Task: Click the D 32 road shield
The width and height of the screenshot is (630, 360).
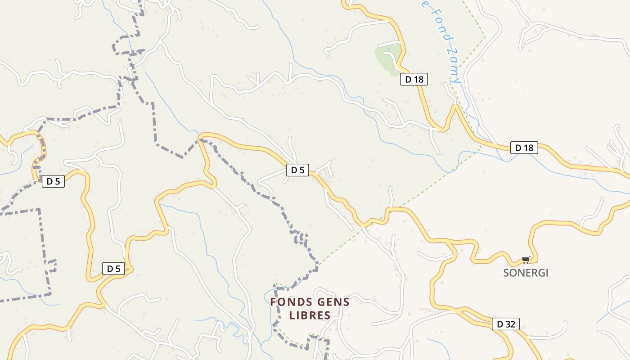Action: click(506, 324)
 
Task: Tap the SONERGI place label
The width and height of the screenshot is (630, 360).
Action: click(526, 273)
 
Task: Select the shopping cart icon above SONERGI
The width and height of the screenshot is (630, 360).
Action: click(526, 260)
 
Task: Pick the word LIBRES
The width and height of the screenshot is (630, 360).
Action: click(310, 315)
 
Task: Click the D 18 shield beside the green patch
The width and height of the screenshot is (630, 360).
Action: click(414, 80)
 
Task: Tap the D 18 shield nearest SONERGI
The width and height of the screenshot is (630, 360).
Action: click(524, 148)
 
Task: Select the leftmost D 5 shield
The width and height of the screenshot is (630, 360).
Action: click(53, 181)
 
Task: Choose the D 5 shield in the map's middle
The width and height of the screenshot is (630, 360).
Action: click(297, 170)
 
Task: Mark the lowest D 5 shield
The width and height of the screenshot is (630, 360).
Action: click(113, 269)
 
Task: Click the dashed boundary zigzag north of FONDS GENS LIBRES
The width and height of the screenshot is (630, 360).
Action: click(299, 236)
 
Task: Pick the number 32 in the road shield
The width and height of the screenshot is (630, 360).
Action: click(511, 324)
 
